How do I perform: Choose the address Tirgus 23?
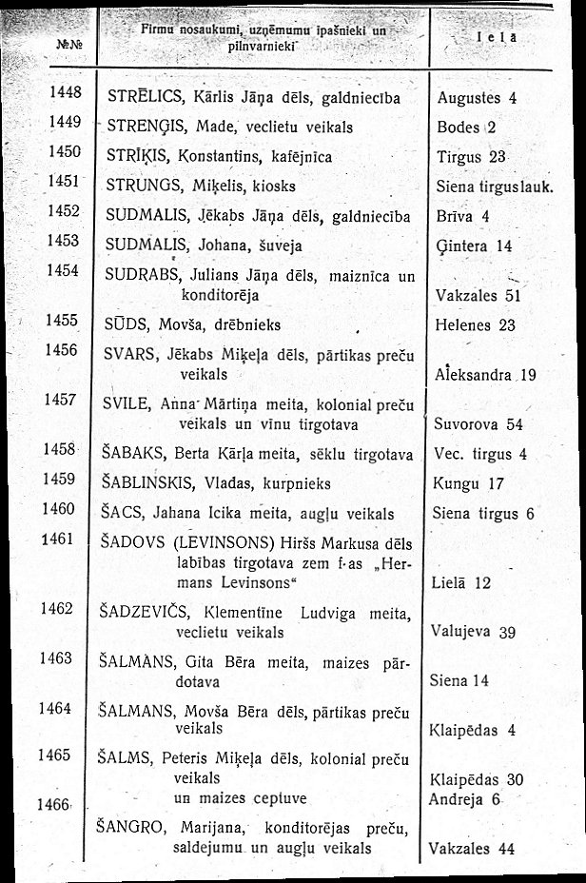coord(474,155)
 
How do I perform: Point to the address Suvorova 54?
coord(478,423)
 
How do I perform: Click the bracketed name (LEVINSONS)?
coord(214,543)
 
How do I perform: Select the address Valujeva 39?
coord(473,632)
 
